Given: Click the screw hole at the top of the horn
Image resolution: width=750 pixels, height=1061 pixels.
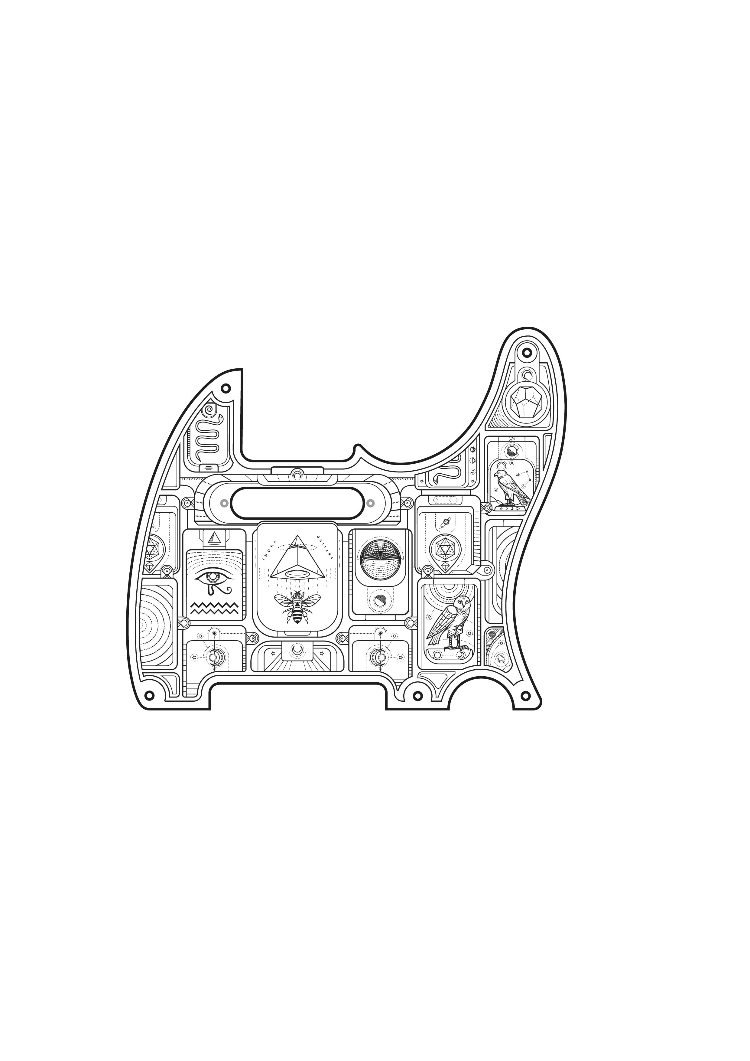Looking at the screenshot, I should [526, 353].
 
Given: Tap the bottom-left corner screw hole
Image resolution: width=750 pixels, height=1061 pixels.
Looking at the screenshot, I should [149, 695].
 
